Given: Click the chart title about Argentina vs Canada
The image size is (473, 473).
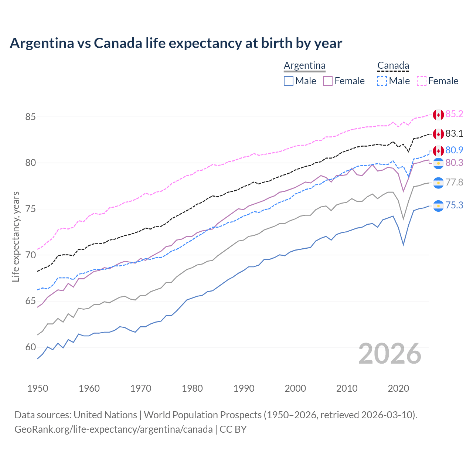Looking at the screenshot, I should [x=176, y=43].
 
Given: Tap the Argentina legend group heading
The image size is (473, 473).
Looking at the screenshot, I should [x=304, y=66].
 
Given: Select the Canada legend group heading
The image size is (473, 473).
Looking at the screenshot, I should [x=393, y=66].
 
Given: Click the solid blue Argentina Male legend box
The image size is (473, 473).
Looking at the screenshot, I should [x=289, y=81].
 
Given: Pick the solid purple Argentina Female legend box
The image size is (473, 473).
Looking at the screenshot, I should [x=328, y=81].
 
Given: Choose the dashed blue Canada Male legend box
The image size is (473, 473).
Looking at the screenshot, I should [x=382, y=81].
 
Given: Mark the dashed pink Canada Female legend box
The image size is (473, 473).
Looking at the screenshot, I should [x=421, y=81].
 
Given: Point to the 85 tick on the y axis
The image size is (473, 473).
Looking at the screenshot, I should [x=30, y=117].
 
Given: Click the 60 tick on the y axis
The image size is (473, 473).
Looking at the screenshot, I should [x=30, y=347].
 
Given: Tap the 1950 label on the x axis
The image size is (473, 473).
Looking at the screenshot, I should [x=38, y=388].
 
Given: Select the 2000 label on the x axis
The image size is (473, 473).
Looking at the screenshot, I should [x=295, y=388].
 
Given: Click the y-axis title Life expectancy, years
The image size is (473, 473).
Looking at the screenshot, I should [x=16, y=236].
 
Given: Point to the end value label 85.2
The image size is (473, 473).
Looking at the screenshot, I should [x=454, y=114].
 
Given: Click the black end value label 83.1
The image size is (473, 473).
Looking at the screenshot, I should [x=454, y=133].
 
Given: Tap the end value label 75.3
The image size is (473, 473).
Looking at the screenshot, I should [x=454, y=205].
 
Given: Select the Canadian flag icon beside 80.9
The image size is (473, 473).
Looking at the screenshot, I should [x=438, y=150].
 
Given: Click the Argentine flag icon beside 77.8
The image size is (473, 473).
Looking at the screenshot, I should [x=438, y=183].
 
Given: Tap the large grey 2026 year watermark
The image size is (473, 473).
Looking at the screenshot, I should [x=390, y=354].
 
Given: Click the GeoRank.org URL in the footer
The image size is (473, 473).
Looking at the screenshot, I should [x=113, y=429].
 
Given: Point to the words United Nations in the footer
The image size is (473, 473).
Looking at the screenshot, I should [x=105, y=415].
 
